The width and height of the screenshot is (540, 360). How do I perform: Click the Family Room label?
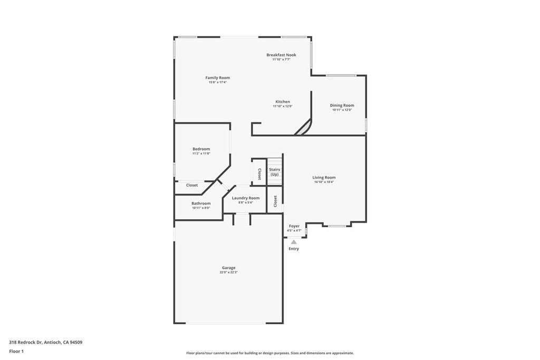(x=218, y=77)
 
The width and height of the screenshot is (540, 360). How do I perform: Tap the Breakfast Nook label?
(x=281, y=55)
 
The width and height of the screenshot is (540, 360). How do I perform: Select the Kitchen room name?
(x=283, y=102)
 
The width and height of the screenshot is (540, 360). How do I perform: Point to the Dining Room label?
(x=342, y=105)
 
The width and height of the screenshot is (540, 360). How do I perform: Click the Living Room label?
(x=324, y=178)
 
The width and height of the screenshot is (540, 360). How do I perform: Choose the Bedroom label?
(x=201, y=149)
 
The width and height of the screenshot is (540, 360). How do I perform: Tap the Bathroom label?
(x=201, y=203)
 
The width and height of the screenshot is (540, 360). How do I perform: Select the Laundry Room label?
(x=246, y=198)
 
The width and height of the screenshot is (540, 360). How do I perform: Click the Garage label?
(x=228, y=268)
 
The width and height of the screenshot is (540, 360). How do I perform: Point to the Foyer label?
(x=294, y=226)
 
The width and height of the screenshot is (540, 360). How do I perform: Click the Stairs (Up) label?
(x=275, y=171)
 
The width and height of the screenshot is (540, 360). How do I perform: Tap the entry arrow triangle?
(x=294, y=242)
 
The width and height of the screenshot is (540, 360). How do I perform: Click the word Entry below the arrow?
(x=294, y=249)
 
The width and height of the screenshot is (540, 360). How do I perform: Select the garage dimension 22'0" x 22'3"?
(x=228, y=273)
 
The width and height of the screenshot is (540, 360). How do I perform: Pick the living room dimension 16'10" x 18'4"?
(x=324, y=182)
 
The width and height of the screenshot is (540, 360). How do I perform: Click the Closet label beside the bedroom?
(x=192, y=185)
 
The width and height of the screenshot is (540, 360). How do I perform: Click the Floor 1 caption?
(x=16, y=351)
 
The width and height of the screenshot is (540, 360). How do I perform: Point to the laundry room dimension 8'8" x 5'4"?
(x=246, y=202)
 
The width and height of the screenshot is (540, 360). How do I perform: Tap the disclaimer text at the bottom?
(x=269, y=353)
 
